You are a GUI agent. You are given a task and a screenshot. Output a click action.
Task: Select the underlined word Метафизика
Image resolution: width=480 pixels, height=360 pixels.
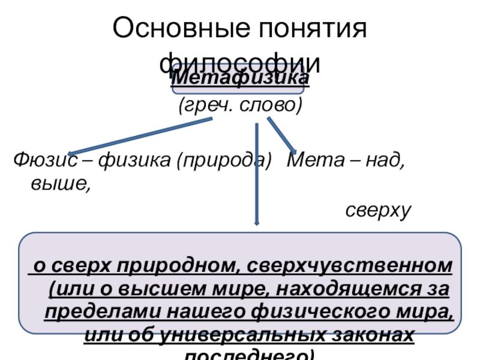click(x=240, y=79)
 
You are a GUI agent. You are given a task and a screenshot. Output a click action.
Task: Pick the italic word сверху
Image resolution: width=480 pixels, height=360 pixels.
click(x=377, y=210)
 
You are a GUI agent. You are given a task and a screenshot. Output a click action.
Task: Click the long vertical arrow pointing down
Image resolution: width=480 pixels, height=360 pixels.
click(x=257, y=174)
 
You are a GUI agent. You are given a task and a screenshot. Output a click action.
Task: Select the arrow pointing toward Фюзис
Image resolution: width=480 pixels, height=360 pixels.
click(x=138, y=137)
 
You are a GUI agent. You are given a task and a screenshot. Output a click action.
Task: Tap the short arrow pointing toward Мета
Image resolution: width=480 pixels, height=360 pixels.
click(x=281, y=134)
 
